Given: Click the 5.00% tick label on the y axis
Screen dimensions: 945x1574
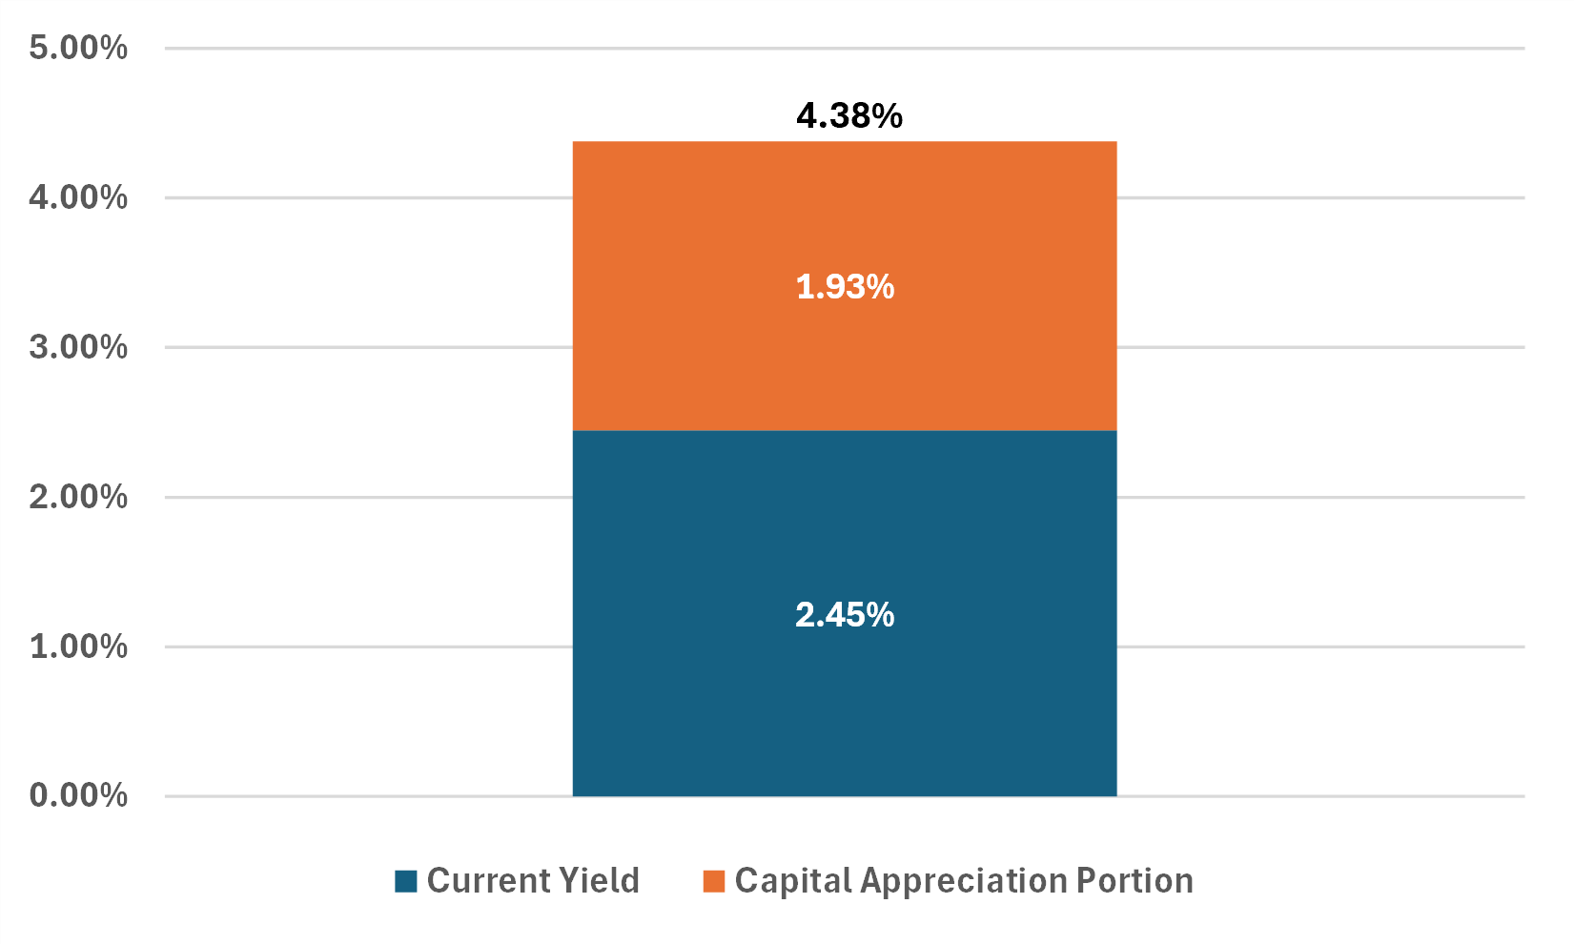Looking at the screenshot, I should click(78, 48).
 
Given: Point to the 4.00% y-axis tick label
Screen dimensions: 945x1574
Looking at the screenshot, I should click(78, 197).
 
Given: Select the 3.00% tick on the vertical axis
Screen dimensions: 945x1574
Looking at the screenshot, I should click(78, 347).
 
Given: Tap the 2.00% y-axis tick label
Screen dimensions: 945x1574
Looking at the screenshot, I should click(78, 497).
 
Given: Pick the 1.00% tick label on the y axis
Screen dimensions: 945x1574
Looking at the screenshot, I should click(78, 647).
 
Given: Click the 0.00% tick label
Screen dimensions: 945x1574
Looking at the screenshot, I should click(78, 795).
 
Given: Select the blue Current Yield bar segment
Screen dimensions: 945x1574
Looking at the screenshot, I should click(844, 706).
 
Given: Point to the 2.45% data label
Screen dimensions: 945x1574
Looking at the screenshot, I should click(845, 615).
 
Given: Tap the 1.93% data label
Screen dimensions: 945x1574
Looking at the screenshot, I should click(845, 286).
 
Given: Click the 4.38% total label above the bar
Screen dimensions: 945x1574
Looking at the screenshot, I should click(848, 115).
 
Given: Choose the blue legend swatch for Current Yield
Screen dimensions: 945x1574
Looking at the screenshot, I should click(406, 881).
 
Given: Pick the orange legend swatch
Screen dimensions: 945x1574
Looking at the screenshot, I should click(714, 881).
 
